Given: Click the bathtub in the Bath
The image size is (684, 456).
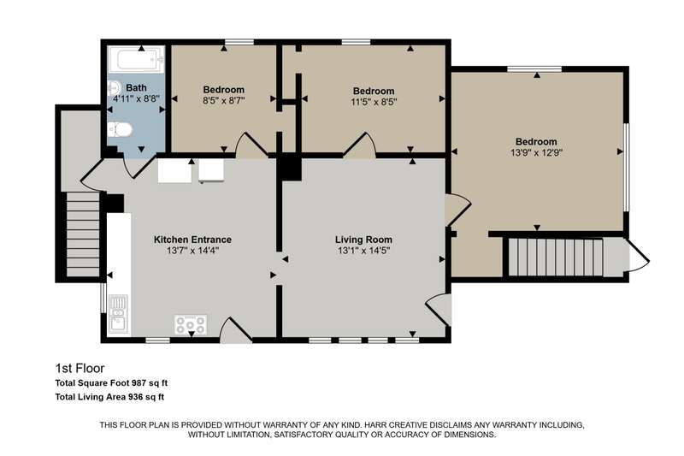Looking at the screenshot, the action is (x=136, y=60).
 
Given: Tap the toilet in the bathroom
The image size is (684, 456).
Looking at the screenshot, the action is (x=120, y=129).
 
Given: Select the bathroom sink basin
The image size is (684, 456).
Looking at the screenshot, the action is (x=113, y=89).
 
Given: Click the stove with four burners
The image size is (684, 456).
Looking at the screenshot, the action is (x=190, y=324).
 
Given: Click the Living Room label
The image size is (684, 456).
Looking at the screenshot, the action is (x=363, y=240).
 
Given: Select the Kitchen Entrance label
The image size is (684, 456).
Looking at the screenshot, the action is (x=192, y=240).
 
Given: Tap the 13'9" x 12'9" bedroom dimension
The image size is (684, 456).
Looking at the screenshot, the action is (x=536, y=153).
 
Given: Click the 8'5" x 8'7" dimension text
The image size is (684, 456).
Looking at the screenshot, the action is (x=224, y=100).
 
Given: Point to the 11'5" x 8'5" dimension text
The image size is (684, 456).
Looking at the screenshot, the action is (x=374, y=102).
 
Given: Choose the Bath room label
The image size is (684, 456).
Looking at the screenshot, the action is (x=136, y=88).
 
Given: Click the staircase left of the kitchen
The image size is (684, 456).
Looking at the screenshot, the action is (x=83, y=234).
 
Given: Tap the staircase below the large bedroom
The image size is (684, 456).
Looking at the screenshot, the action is (x=555, y=257).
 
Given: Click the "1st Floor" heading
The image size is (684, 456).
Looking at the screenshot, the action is (x=80, y=368).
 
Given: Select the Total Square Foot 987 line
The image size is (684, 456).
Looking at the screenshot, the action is (x=111, y=383).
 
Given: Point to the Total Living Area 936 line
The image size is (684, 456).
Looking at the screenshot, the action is (x=109, y=397).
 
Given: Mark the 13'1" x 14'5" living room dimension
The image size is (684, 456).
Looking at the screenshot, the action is (x=363, y=251).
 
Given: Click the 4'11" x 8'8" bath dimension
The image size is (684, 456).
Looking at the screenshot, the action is (x=136, y=99).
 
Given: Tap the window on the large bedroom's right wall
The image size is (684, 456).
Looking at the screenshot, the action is (x=626, y=167).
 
